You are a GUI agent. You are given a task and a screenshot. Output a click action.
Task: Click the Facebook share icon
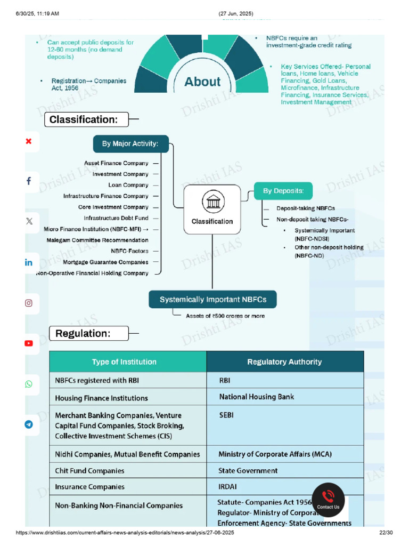29,181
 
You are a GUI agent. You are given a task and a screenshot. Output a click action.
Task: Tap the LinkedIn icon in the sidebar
29,262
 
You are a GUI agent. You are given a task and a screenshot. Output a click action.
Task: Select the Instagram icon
29,303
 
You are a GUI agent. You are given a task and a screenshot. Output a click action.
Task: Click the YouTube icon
29,343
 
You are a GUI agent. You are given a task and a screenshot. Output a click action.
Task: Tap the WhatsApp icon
29,384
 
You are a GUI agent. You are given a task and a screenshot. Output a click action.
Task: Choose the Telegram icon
29,424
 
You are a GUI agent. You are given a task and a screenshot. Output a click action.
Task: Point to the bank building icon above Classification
212,203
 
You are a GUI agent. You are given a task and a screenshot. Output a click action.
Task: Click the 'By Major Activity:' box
130,143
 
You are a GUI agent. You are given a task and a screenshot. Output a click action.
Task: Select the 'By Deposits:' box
283,190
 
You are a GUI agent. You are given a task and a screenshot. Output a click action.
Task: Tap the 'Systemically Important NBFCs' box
213,300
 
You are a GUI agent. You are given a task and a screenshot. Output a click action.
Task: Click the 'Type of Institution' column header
124,362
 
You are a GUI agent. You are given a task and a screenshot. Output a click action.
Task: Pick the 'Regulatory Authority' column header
284,362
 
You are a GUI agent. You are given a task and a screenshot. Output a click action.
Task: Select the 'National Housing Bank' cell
257,397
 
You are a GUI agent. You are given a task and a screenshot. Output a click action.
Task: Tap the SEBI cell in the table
226,415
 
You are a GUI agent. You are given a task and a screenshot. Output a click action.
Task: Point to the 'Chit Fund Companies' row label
90,471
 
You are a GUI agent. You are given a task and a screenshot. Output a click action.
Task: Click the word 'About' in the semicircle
202,82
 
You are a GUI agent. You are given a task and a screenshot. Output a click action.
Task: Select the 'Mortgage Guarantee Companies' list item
105,262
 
